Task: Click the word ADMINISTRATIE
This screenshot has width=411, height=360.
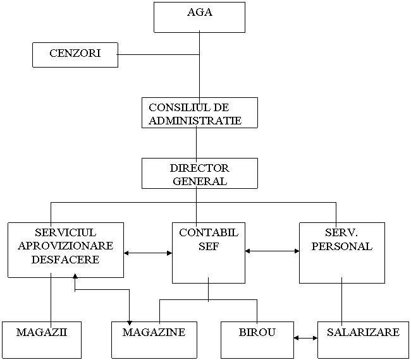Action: click(x=195, y=121)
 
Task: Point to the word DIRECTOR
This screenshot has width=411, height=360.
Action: click(x=199, y=168)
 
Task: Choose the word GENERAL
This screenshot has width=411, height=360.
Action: click(x=200, y=181)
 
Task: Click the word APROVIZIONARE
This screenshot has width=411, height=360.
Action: click(x=66, y=246)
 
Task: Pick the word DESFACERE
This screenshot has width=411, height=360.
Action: click(x=66, y=260)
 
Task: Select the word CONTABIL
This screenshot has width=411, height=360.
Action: click(x=209, y=232)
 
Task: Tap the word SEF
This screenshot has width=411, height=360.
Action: click(x=209, y=246)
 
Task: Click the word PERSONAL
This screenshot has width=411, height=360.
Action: click(x=342, y=246)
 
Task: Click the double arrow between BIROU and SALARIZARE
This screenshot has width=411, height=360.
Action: click(x=305, y=338)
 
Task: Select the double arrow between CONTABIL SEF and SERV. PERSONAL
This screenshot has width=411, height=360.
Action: click(x=272, y=251)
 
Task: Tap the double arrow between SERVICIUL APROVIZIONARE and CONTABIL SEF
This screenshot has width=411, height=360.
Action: click(x=148, y=253)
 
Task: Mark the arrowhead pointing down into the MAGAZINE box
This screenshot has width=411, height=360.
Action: click(x=129, y=323)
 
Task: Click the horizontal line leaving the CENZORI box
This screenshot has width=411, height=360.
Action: click(x=158, y=55)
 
